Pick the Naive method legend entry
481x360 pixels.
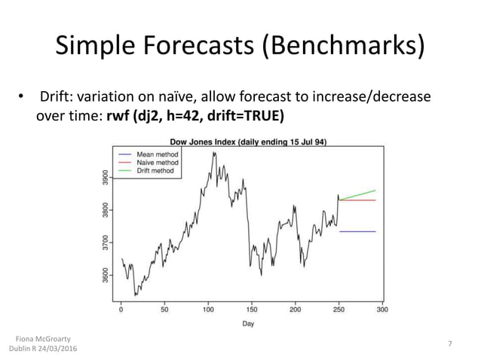coord(157,162)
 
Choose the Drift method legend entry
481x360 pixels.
coord(155,171)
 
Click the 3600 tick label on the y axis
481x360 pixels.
coord(106,275)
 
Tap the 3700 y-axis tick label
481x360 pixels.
coord(106,242)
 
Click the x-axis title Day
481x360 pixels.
coord(249,324)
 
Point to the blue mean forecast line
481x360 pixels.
coord(357,231)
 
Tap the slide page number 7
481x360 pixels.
coord(450,344)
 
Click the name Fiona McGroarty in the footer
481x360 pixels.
coord(43,340)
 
